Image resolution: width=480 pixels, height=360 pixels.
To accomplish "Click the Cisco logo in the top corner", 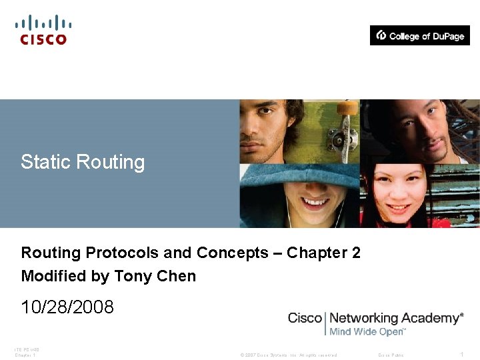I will pyautogui.click(x=43, y=30).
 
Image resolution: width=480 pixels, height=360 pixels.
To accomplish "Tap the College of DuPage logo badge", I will pyautogui.click(x=420, y=35).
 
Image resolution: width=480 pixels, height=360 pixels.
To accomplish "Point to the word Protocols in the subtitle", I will pyautogui.click(x=122, y=253).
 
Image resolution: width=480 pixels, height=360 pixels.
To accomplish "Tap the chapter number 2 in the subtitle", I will pyautogui.click(x=356, y=253).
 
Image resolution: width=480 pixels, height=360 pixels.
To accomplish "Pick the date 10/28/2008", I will pyautogui.click(x=67, y=307).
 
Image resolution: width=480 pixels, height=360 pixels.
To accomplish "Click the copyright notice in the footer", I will pyautogui.click(x=289, y=355).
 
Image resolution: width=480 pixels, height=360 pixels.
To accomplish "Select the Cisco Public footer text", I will pyautogui.click(x=391, y=355).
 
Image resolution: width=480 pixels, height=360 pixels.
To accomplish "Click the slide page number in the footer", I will pyautogui.click(x=461, y=355).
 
